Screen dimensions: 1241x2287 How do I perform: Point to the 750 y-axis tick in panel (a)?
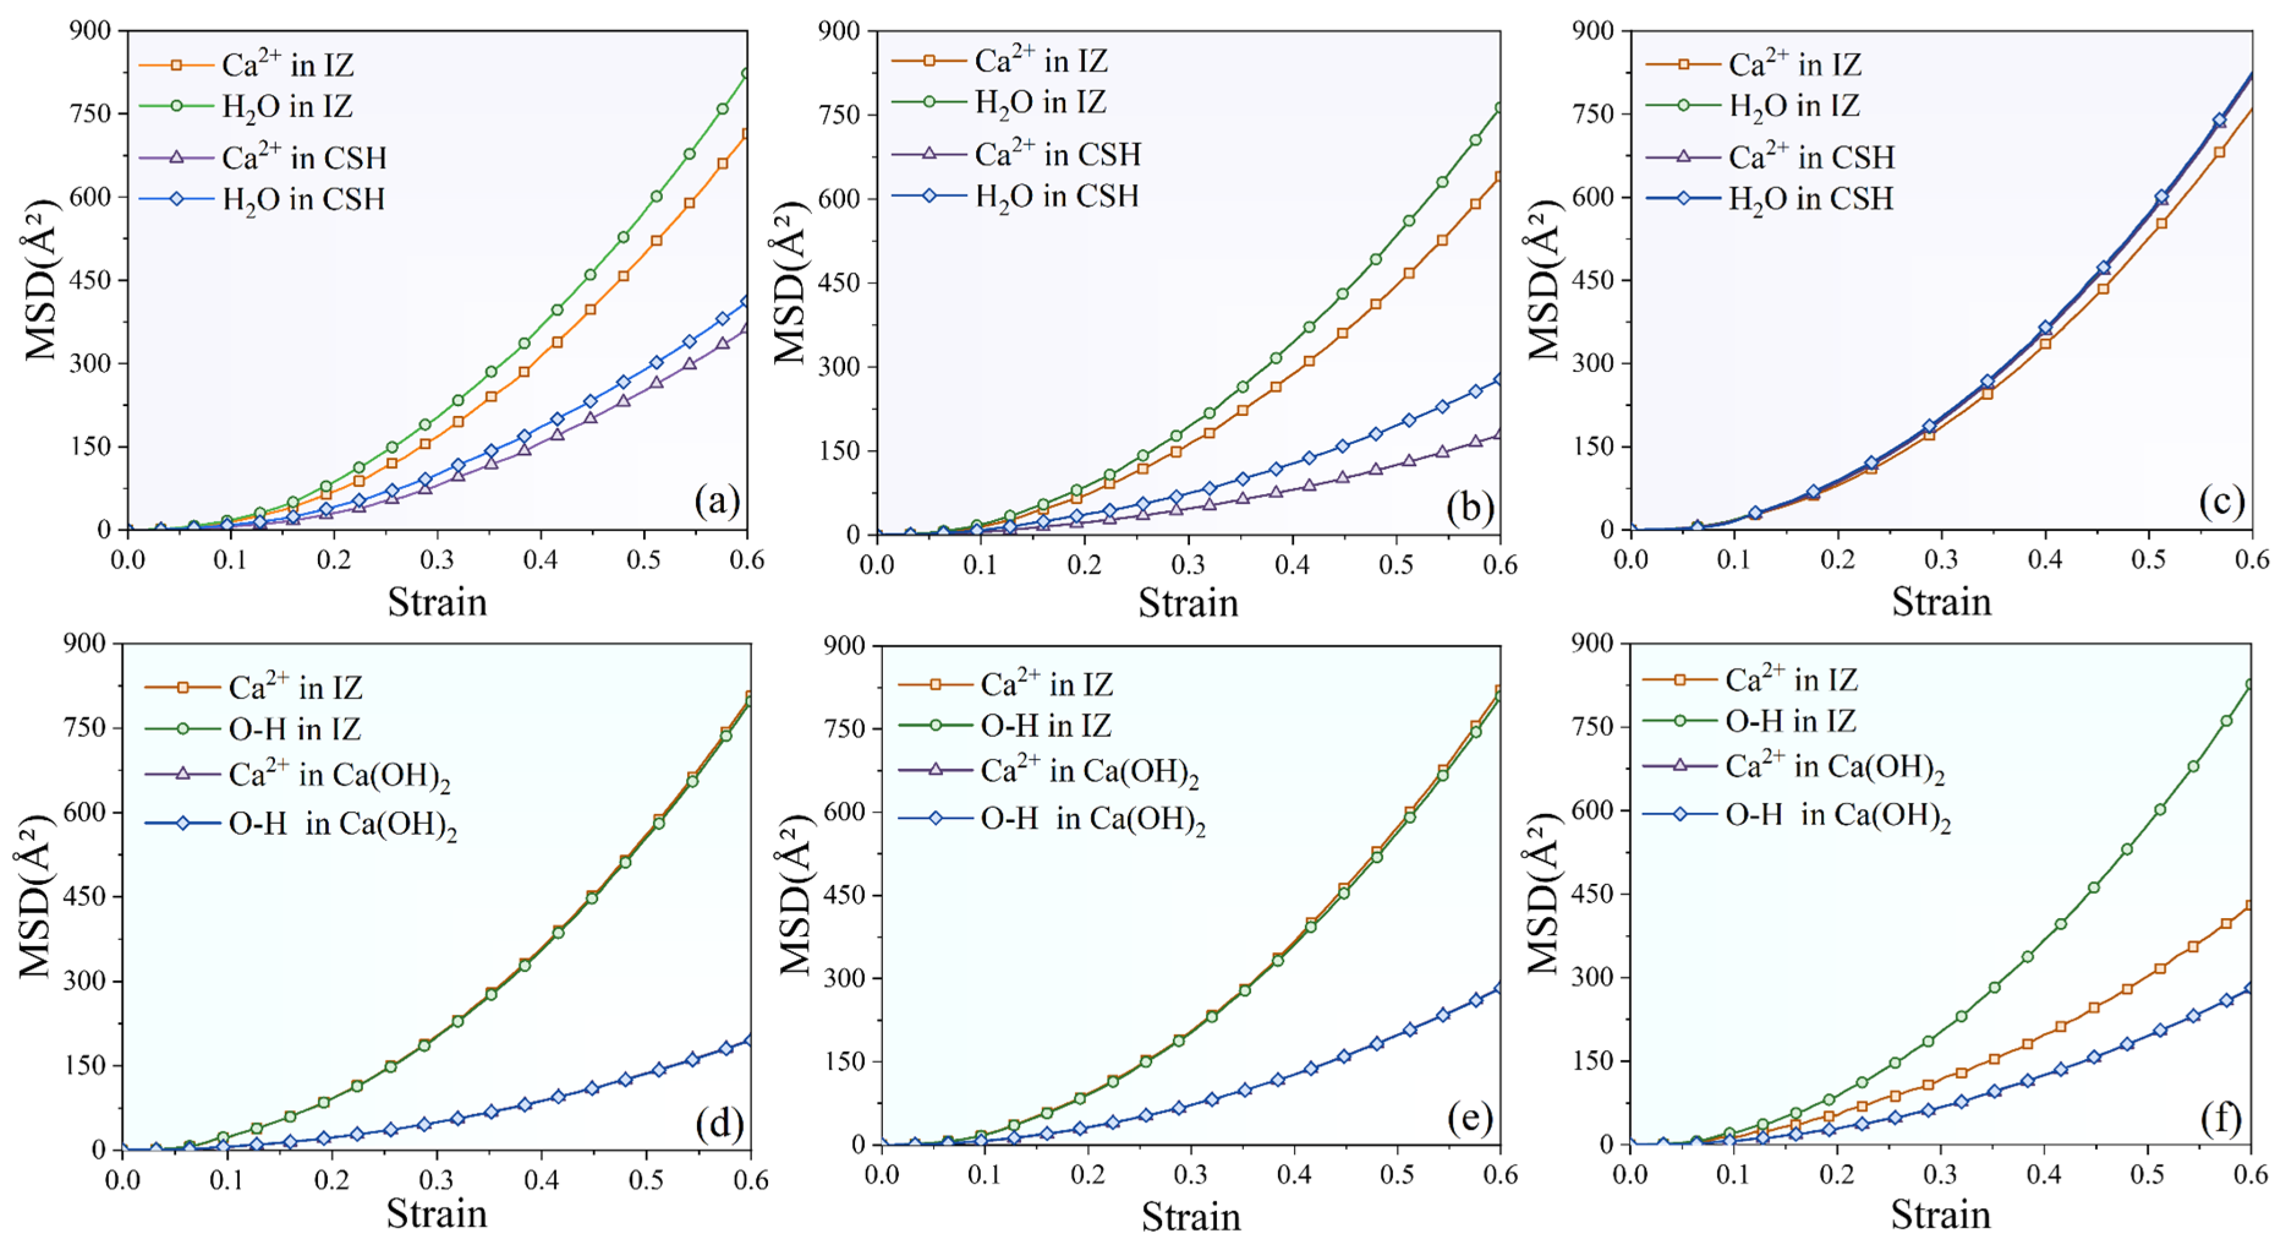[90, 114]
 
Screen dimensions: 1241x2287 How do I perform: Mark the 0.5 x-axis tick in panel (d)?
[646, 1180]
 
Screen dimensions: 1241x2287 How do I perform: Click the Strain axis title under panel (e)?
[1189, 1215]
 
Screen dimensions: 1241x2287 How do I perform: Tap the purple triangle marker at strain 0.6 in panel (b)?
[1499, 435]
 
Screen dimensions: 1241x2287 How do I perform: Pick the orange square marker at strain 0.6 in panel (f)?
[2250, 906]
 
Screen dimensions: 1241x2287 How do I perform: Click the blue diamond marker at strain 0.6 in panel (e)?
[1499, 988]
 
